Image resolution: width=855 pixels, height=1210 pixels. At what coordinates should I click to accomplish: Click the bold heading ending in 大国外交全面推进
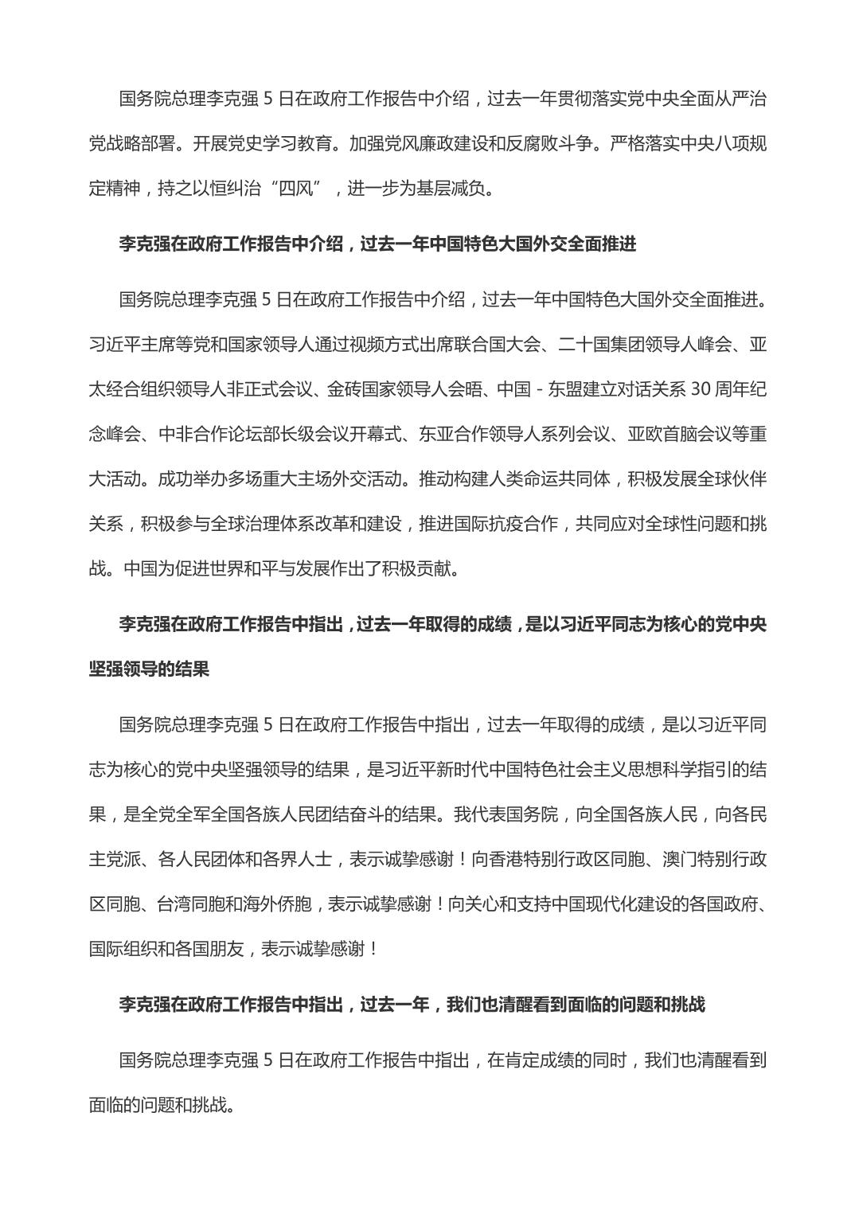coord(377,244)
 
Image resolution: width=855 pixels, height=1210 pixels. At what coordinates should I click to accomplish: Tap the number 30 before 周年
coord(700,389)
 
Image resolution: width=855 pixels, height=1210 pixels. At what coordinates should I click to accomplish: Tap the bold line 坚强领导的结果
coord(149,669)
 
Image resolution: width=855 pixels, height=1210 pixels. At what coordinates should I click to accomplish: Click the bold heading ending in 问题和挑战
coord(412,1005)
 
